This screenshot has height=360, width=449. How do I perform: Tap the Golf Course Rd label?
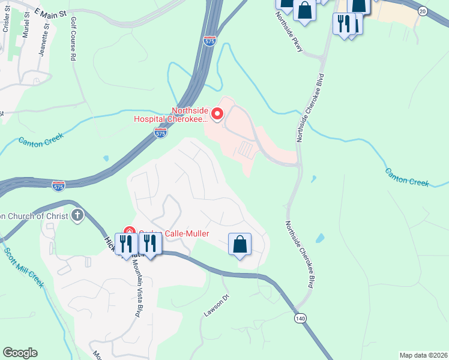click(74, 39)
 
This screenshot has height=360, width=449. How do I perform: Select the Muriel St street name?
click(25, 24)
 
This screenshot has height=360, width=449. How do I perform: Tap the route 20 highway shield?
click(422, 11)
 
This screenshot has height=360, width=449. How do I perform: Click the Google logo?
click(20, 353)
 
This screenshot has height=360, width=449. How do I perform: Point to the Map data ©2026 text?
click(423, 355)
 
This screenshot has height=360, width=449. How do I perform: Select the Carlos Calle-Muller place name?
click(174, 233)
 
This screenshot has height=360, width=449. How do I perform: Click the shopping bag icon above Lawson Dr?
click(240, 244)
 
